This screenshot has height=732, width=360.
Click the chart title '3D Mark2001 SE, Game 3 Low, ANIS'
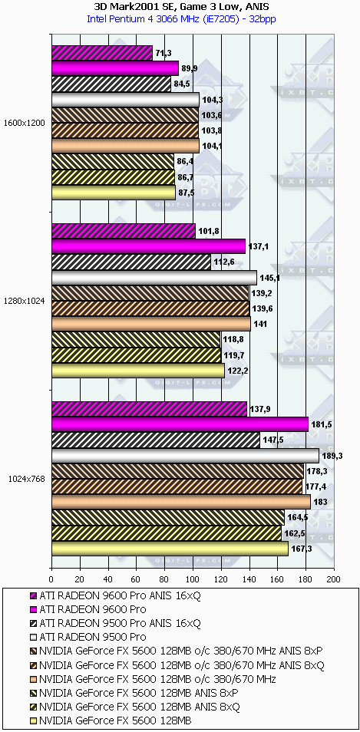click(x=180, y=7)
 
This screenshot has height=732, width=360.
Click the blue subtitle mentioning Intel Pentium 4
click(x=180, y=18)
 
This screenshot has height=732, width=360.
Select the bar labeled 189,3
click(x=185, y=456)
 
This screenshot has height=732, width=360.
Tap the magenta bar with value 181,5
click(x=180, y=424)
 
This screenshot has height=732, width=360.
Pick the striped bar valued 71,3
click(x=102, y=53)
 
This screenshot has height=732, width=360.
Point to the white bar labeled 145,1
click(x=154, y=277)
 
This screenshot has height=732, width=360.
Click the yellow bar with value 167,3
click(x=170, y=549)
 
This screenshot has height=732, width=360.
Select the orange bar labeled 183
click(x=181, y=501)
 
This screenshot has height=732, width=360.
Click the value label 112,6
click(x=222, y=262)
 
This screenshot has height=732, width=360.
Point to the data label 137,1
click(x=256, y=246)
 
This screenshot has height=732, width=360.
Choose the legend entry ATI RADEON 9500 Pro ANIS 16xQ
click(x=115, y=622)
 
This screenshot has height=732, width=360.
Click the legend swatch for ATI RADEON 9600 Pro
click(x=33, y=609)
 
